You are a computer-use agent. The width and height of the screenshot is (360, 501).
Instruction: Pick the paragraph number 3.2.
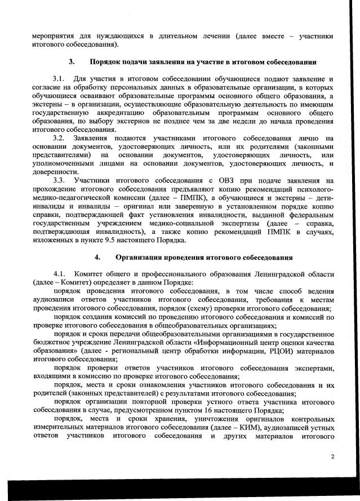[x=59, y=138]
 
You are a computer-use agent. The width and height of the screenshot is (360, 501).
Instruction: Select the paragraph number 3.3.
[x=59, y=180]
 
